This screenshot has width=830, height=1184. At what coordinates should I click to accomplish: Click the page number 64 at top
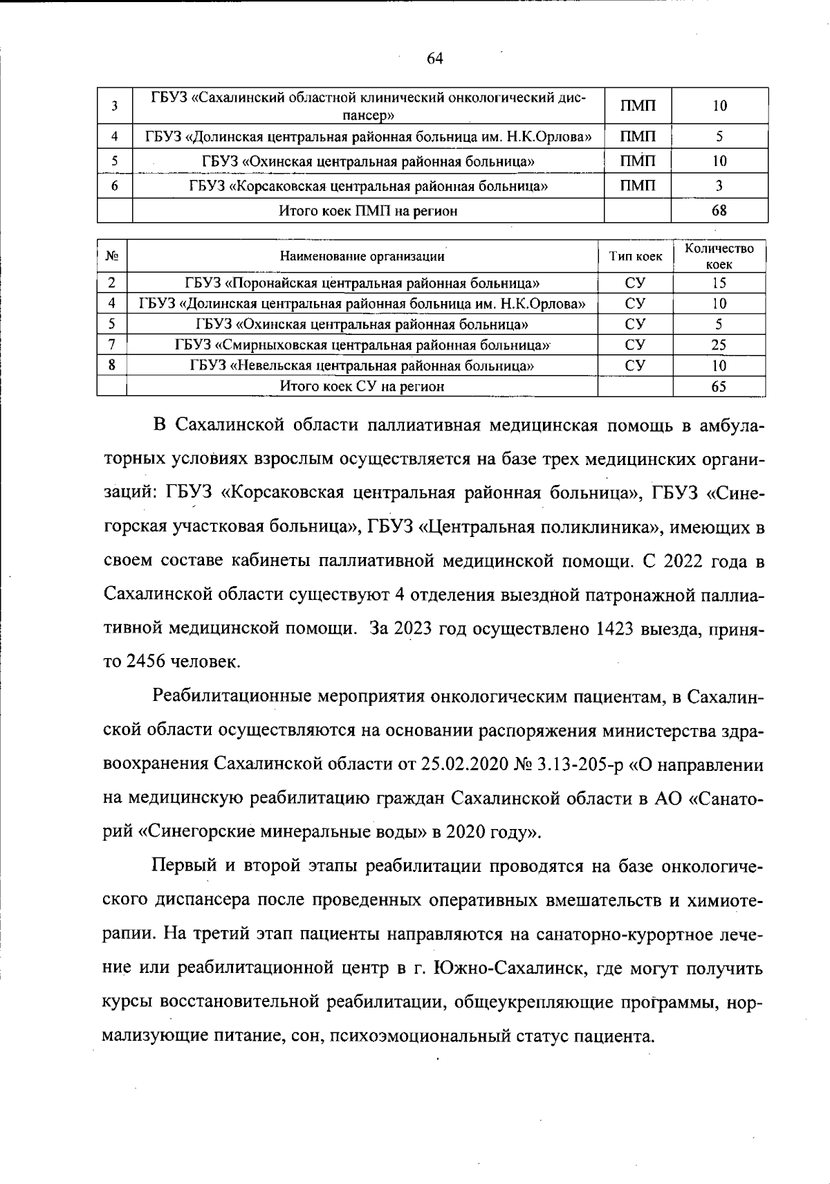coord(434,59)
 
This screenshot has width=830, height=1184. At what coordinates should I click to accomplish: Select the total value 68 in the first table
coord(719,210)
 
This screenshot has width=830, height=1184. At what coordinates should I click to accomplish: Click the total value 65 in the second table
coord(719,386)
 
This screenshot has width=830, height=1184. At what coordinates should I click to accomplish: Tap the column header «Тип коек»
coord(635,257)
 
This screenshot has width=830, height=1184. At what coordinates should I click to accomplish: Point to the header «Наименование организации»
coord(362,257)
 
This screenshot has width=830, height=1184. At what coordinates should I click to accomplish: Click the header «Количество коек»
coord(719,256)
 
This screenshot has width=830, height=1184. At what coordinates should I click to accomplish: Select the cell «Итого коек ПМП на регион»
coord(368,210)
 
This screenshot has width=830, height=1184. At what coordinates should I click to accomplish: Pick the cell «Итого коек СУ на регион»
coord(362,386)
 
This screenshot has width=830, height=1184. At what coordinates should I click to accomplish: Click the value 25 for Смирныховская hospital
coord(719,345)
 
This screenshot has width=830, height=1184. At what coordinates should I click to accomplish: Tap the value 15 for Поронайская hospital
coord(719,282)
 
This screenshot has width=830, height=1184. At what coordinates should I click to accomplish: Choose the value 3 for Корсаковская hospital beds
coord(719,185)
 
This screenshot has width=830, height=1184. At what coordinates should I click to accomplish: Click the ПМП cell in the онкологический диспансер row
coord(637,106)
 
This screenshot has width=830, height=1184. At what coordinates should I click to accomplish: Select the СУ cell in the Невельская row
coord(635,365)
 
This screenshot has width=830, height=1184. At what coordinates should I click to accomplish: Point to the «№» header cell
coord(112,257)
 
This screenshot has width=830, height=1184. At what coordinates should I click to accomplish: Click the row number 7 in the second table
coord(112,345)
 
